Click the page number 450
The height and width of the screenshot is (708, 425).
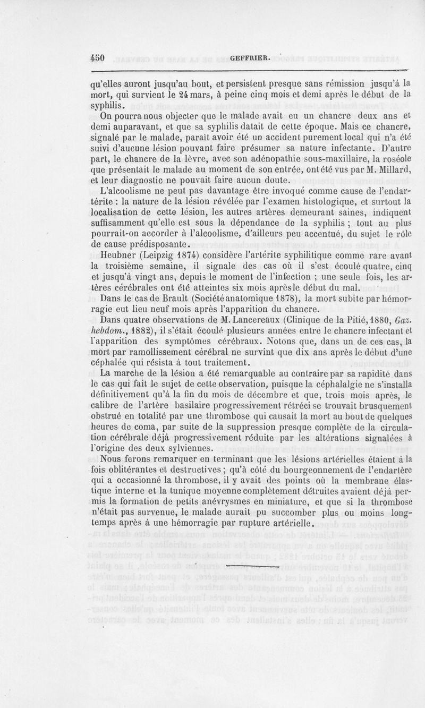(x=99, y=58)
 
